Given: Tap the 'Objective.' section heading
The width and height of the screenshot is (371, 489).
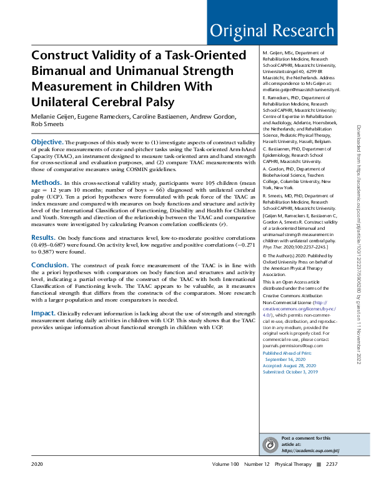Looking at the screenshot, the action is click(47, 143).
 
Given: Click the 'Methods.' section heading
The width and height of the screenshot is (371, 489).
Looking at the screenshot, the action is click(46, 182).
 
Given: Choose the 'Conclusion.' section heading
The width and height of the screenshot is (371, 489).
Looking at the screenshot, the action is click(50, 265).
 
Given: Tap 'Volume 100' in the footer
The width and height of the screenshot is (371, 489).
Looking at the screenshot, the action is click(225, 465).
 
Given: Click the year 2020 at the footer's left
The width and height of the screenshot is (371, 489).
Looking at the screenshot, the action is click(37, 465).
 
